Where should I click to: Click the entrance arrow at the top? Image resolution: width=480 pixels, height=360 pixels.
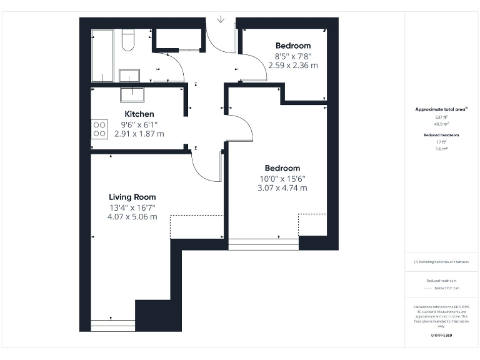pyautogui.click(x=221, y=20)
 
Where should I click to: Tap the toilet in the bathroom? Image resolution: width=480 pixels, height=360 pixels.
pyautogui.click(x=128, y=40)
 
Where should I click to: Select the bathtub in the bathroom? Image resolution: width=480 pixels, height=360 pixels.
pyautogui.click(x=102, y=55)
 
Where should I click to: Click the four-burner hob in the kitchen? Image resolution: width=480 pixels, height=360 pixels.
pyautogui.click(x=99, y=129)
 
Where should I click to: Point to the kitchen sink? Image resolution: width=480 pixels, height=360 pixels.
pyautogui.click(x=132, y=94)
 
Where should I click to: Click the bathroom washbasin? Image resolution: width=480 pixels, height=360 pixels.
pyautogui.click(x=129, y=76)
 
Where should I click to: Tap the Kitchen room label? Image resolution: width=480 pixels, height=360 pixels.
pyautogui.click(x=139, y=114)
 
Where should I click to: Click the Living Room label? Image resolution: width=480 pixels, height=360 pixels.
pyautogui.click(x=132, y=197)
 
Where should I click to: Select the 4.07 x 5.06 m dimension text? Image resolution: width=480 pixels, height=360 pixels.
pyautogui.click(x=132, y=217)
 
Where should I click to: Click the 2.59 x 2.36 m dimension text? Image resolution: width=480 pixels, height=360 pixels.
pyautogui.click(x=293, y=65)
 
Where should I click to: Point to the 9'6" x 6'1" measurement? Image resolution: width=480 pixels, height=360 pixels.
pyautogui.click(x=139, y=124)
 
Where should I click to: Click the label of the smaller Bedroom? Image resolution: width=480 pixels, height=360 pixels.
pyautogui.click(x=293, y=46)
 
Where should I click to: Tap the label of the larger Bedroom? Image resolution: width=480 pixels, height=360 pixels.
pyautogui.click(x=282, y=167)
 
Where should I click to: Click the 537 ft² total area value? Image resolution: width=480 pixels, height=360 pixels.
pyautogui.click(x=441, y=117)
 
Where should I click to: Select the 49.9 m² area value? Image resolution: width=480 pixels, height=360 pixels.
pyautogui.click(x=441, y=124)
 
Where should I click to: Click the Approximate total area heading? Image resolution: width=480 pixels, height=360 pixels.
pyautogui.click(x=441, y=109)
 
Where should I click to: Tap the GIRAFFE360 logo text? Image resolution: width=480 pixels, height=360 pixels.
pyautogui.click(x=441, y=336)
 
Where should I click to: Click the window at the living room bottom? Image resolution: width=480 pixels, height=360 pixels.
pyautogui.click(x=113, y=325)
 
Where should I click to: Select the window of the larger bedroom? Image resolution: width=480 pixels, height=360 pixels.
pyautogui.click(x=263, y=244)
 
